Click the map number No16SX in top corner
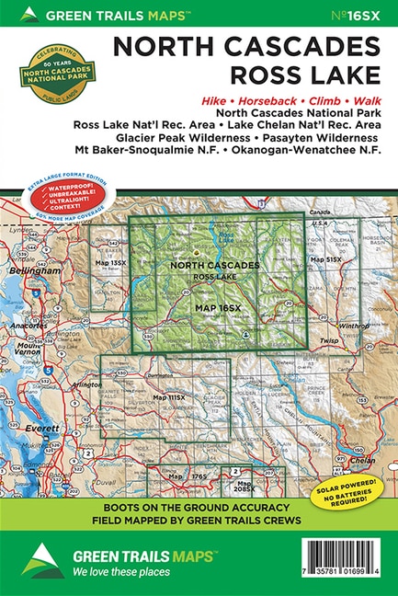[x=357, y=14]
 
